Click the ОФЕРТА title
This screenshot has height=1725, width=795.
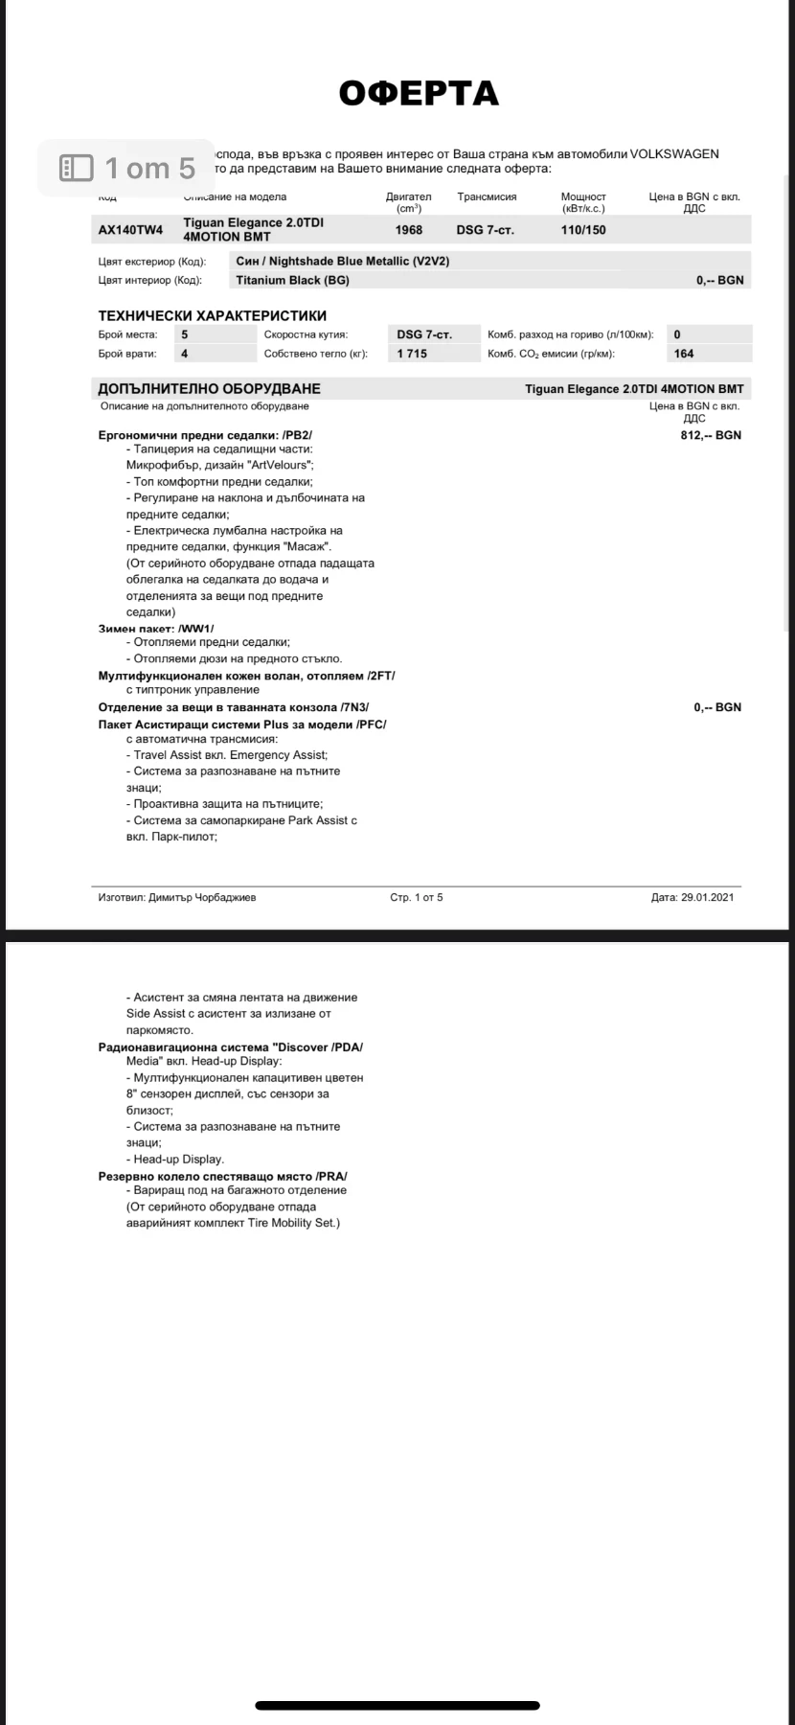click(419, 93)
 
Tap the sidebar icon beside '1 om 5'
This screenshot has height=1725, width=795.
click(77, 169)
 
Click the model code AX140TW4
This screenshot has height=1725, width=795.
click(131, 230)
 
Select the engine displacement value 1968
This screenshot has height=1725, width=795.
click(409, 230)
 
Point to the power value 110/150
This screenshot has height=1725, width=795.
click(583, 230)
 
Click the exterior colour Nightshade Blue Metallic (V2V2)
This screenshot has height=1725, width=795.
click(343, 261)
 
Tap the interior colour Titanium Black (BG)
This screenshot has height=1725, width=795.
click(292, 281)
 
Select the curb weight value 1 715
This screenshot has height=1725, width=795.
click(412, 354)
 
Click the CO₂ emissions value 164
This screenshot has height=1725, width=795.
click(684, 354)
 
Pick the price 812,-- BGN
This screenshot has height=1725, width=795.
click(711, 435)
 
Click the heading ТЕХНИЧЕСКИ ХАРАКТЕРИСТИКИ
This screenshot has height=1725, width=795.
click(213, 315)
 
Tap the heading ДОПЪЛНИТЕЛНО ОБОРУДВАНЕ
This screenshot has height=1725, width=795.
click(210, 389)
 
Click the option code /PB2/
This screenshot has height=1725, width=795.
click(298, 435)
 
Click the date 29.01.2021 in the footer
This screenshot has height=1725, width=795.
click(707, 897)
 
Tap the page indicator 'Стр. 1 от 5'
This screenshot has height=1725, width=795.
click(417, 897)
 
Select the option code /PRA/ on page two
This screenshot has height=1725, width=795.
click(330, 1176)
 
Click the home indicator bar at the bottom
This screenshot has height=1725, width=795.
click(397, 1706)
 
